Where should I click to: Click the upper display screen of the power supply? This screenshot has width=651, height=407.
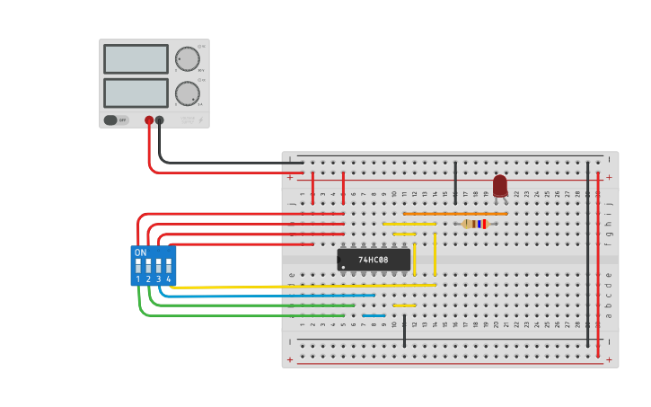(x=136, y=59)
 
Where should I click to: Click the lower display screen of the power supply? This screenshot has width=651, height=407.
(x=136, y=93)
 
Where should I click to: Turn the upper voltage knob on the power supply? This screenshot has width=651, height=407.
(x=187, y=59)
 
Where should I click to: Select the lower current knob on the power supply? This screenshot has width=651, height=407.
(x=187, y=93)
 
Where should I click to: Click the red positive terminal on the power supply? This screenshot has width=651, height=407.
(x=149, y=119)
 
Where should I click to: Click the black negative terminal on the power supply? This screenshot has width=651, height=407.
(x=160, y=119)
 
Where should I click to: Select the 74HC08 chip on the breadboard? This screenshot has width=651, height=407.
(x=374, y=260)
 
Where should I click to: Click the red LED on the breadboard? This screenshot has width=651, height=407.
(x=500, y=186)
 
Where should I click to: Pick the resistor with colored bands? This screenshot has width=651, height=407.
(x=475, y=224)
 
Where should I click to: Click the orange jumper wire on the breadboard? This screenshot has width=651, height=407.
(x=454, y=214)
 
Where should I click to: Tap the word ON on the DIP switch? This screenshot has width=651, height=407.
(x=140, y=252)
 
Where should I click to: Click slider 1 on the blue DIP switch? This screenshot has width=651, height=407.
(x=138, y=267)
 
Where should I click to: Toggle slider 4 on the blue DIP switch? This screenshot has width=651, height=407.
(x=168, y=267)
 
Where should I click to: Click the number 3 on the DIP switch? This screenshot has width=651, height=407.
(x=158, y=279)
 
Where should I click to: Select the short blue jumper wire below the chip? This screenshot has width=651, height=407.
(x=374, y=315)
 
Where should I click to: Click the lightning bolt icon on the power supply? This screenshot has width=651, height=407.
(x=200, y=119)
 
